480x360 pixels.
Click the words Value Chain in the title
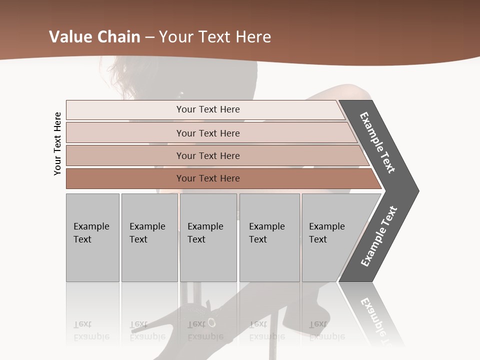pos(94,37)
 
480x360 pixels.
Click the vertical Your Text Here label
pos(57,143)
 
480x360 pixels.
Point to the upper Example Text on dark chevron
pos(377,142)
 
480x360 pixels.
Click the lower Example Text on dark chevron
pos(378,236)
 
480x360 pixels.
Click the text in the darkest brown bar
pos(208,178)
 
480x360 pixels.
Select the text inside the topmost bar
pos(208,109)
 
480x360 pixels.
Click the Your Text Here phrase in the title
pos(215,37)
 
